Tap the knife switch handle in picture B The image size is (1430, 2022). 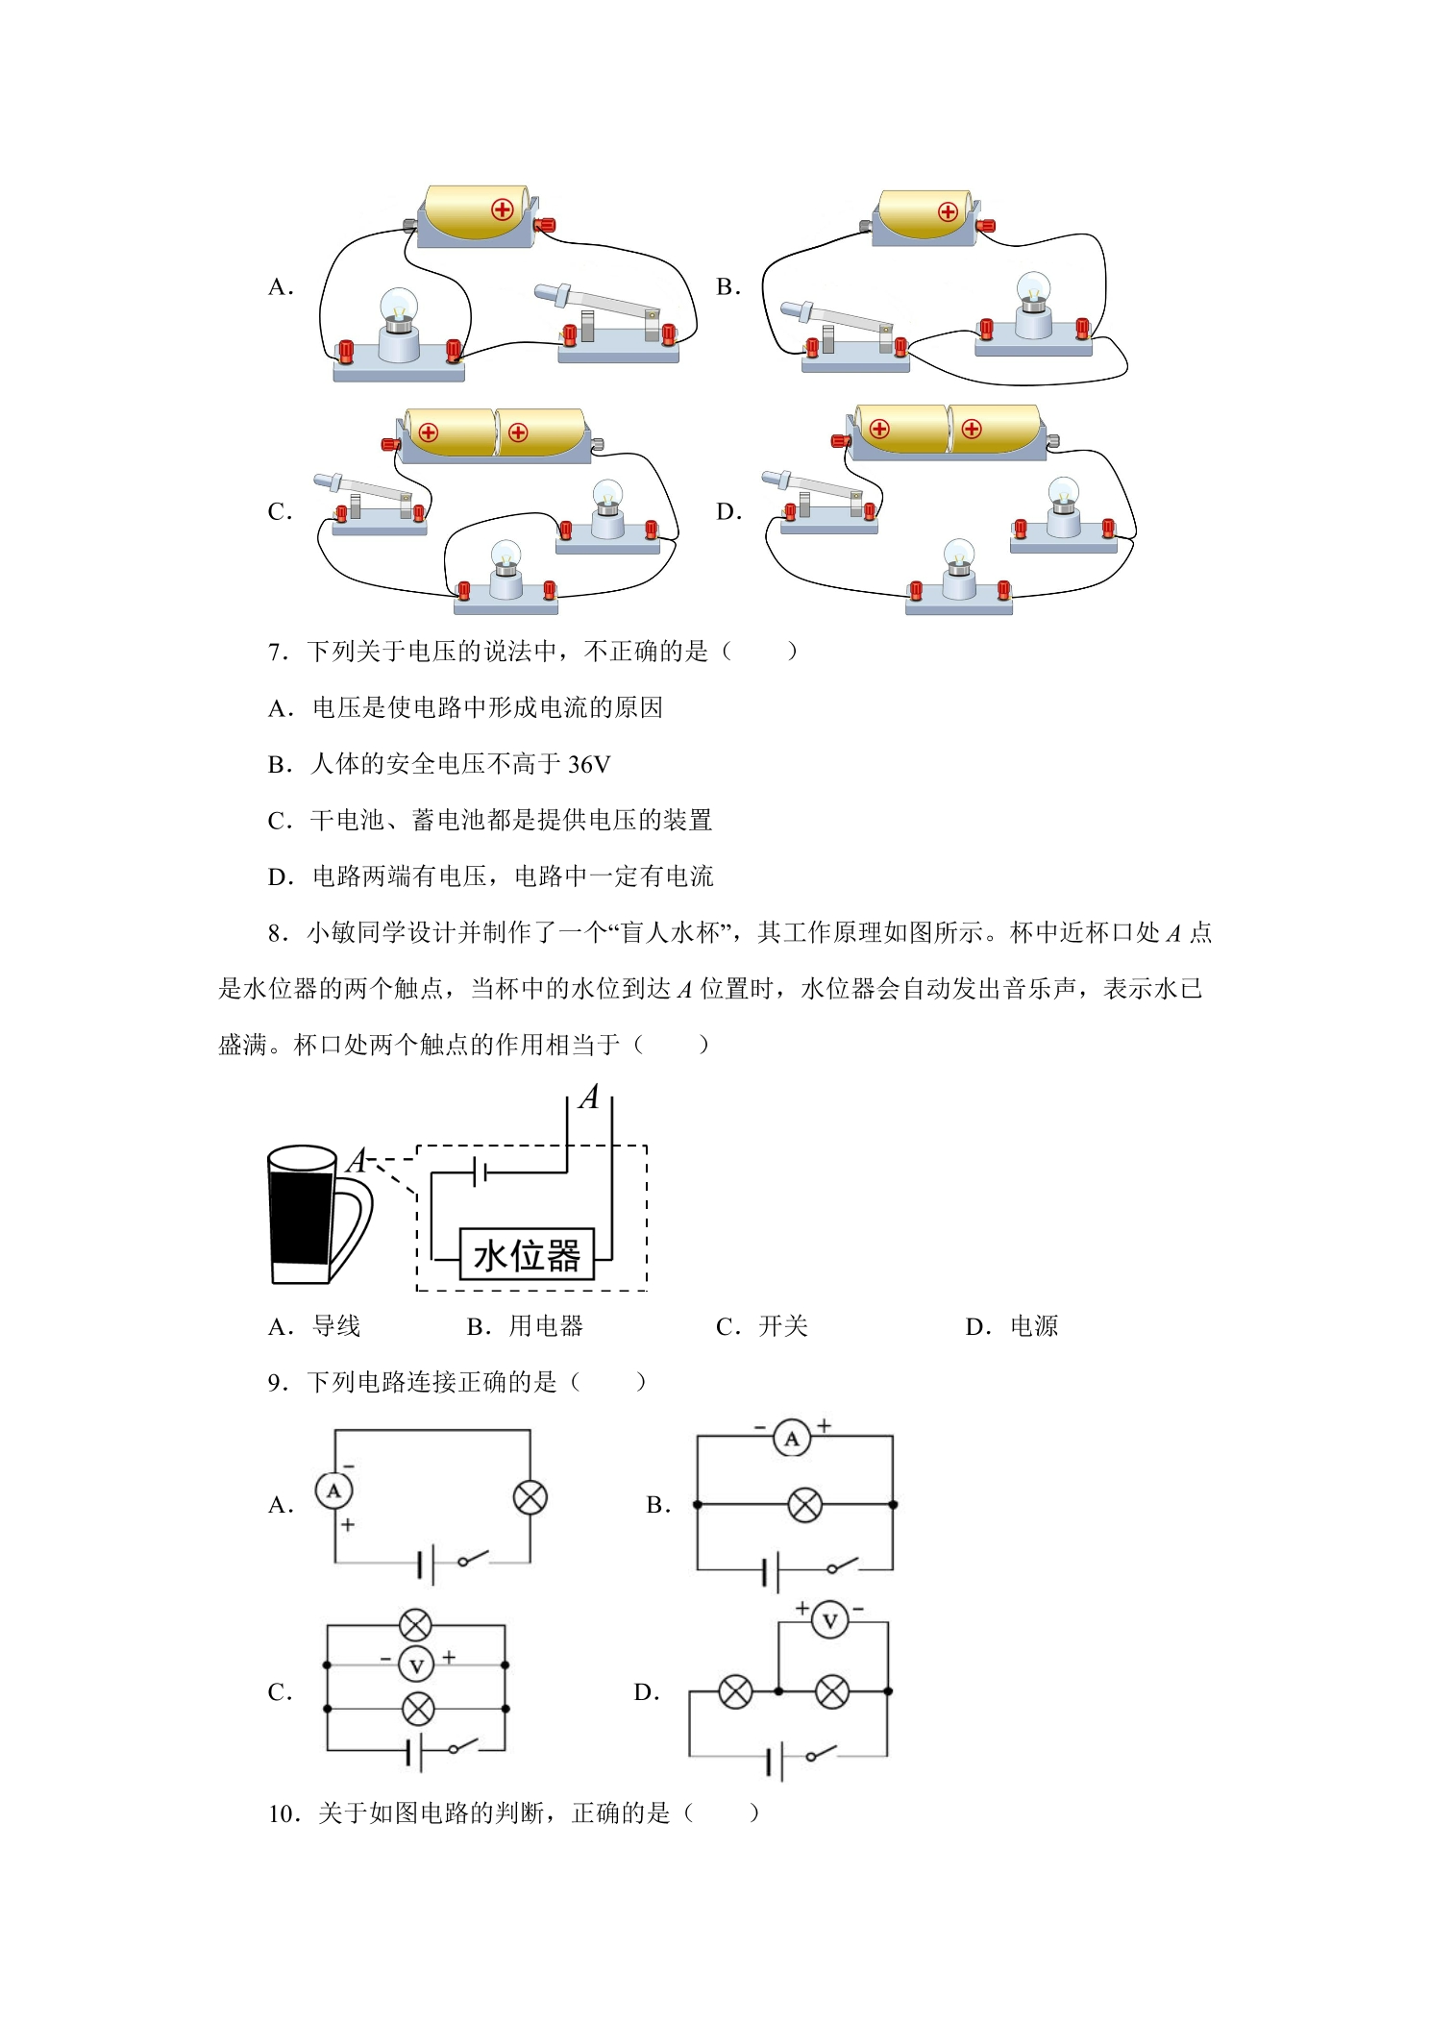832,317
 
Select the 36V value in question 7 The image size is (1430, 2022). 589,765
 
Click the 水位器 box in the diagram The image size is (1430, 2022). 527,1254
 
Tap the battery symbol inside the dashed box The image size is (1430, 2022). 481,1172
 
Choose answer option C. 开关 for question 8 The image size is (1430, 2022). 762,1327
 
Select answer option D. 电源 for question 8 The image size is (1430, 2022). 1012,1327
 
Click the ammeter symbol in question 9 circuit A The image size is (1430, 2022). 333,1492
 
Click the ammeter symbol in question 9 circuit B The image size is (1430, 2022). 792,1439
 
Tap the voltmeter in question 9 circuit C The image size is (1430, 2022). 416,1665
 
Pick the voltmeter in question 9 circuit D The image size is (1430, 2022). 830,1621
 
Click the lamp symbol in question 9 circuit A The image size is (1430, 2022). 530,1497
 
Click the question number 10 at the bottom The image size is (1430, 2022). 284,1814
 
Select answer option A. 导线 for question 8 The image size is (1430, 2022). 314,1327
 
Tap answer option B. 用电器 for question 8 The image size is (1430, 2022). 525,1327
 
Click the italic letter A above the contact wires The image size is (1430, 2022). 589,1097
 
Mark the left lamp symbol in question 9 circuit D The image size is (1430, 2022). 735,1691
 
